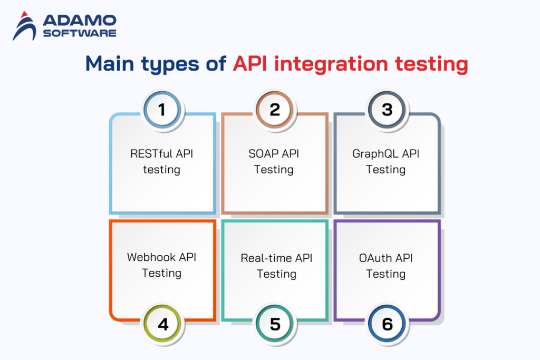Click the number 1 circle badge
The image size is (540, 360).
pyautogui.click(x=162, y=110)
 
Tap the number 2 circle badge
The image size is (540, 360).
pyautogui.click(x=275, y=110)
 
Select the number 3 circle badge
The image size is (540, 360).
pyautogui.click(x=387, y=110)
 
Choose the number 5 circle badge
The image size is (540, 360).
pyautogui.click(x=275, y=324)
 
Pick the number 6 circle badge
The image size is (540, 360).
pyautogui.click(x=387, y=324)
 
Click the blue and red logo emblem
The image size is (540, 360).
pyautogui.click(x=24, y=26)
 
